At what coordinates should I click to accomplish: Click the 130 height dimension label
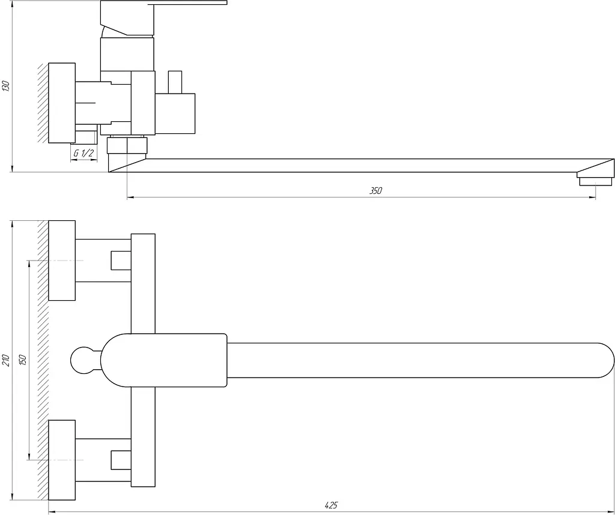coord(6,86)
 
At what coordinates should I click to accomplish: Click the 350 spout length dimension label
coord(375,191)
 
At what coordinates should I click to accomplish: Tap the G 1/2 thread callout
coord(83,152)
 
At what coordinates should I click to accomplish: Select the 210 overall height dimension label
coord(6,360)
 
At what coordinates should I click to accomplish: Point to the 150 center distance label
coord(22,360)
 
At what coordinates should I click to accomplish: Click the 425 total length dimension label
coord(331,505)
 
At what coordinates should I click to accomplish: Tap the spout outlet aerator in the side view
coord(595,181)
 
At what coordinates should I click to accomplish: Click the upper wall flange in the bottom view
coord(62,261)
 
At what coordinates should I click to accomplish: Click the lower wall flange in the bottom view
coord(62,460)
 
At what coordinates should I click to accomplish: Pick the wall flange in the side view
coord(62,103)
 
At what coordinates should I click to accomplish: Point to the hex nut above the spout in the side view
coord(127,145)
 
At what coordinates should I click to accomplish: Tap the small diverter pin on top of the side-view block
coord(175,82)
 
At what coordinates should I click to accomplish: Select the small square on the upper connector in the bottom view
coord(121,261)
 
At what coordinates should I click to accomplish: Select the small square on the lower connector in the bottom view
coord(121,460)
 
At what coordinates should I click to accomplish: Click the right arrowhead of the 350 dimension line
coord(592,197)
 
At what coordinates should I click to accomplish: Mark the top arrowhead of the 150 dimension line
coord(29,264)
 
